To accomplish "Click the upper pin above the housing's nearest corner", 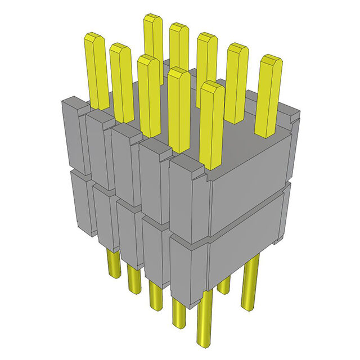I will [x=211, y=124].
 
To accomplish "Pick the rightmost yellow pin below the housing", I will [x=250, y=281].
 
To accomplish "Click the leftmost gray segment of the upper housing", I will [x=74, y=135].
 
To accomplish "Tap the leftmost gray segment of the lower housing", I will [x=79, y=202].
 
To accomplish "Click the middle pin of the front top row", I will [x=149, y=96].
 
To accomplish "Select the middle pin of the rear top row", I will [x=206, y=67].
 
